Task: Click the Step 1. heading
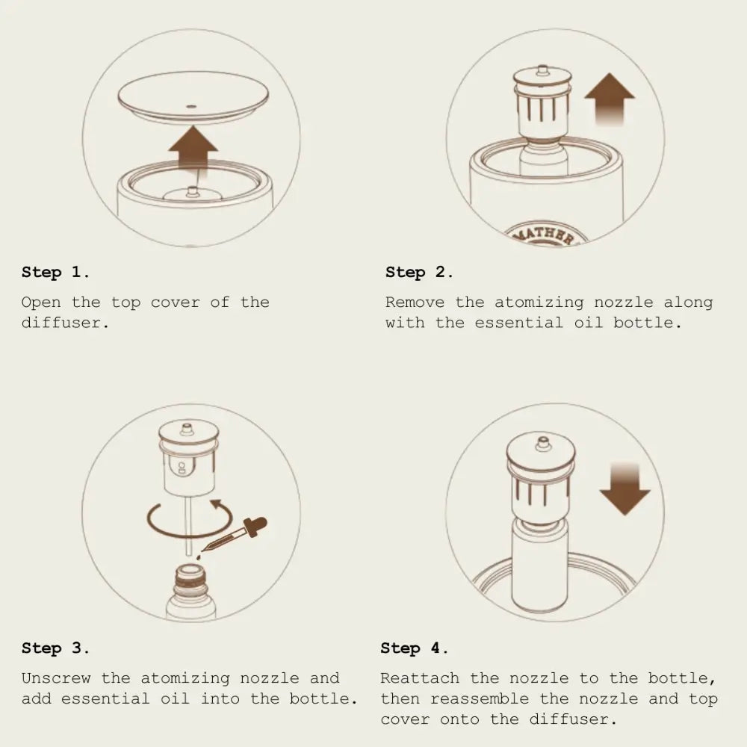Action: coord(55,272)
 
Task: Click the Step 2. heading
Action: coord(419,272)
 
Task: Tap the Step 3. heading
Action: coord(55,648)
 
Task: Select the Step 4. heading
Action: coord(414,648)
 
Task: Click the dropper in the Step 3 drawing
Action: coord(233,536)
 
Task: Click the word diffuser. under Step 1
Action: coord(65,323)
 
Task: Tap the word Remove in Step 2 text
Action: coord(415,302)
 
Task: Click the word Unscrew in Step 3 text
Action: coord(56,678)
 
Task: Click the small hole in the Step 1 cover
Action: coord(191,106)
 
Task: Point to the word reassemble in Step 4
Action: coord(480,699)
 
